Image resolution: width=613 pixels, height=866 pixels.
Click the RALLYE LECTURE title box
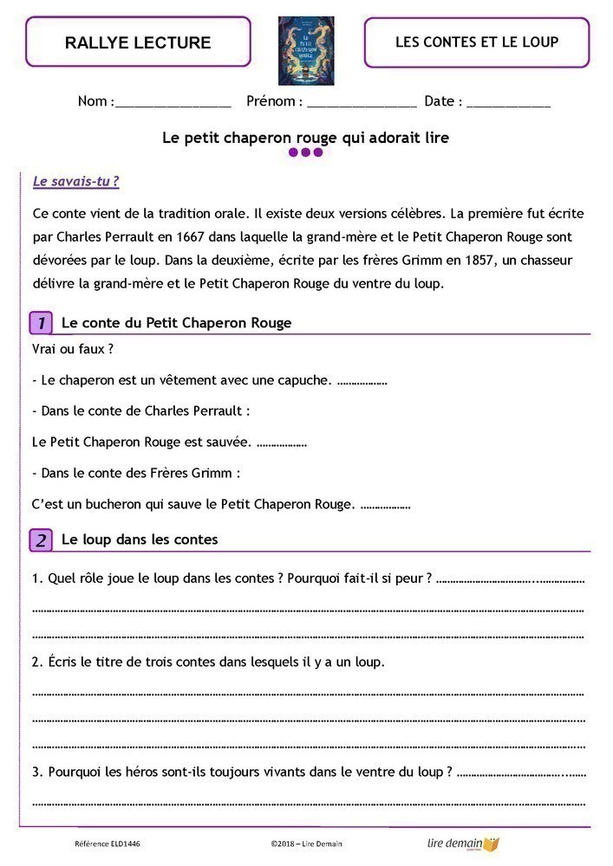point(138,42)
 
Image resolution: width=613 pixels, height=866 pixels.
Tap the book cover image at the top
point(305,50)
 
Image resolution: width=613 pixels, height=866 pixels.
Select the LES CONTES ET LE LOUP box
point(476,42)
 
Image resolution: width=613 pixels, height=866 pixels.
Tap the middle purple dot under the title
point(306,152)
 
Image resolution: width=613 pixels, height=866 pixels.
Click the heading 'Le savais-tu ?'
point(75,182)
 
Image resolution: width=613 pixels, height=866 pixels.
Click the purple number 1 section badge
point(41,323)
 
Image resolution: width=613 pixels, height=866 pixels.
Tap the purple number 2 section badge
point(41,540)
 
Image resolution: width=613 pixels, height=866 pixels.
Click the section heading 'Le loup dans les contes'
point(140,540)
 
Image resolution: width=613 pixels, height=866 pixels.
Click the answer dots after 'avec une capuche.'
point(362,380)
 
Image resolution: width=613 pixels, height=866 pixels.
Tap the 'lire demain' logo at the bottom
point(463,843)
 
